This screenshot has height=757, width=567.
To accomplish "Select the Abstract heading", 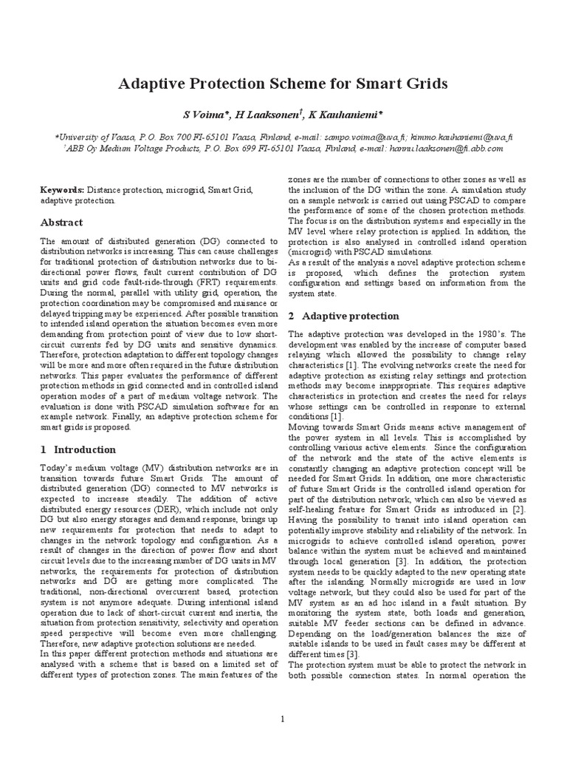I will click(62, 223).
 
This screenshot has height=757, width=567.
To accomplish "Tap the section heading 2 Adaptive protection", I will click(343, 316).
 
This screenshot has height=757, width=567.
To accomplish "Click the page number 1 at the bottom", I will click(283, 719).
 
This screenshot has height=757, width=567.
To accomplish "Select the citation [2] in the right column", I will click(519, 509).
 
